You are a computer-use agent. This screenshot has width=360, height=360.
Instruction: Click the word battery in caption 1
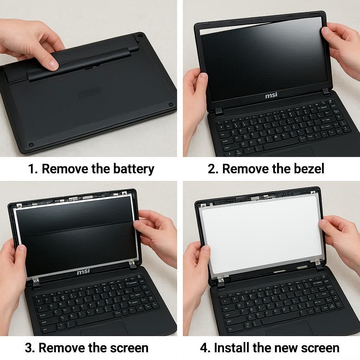134,169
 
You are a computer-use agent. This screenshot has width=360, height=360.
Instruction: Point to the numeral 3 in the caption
28,348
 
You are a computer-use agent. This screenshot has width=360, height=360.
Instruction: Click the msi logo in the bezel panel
271,95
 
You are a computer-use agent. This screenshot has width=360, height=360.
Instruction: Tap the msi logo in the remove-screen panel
83,272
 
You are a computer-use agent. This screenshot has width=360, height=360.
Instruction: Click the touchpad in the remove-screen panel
104,328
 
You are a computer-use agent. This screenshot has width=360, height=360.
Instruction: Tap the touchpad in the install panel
289,328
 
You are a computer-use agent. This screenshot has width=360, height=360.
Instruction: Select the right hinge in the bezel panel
326,92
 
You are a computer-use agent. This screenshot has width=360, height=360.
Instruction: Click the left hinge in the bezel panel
219,111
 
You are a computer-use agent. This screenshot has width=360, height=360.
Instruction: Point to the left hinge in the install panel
221,282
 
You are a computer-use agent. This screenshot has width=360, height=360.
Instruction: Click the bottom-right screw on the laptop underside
171,105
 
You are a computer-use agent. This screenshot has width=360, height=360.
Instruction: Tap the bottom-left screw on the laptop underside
31,145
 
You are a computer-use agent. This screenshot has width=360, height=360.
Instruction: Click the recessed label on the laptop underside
90,93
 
